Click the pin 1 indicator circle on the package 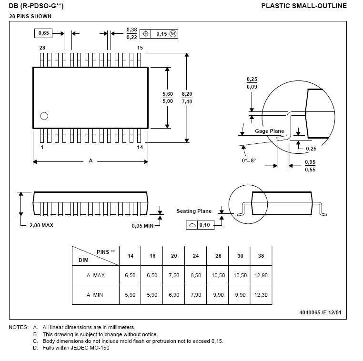coord(44,116)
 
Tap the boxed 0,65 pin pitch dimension coord(43,33)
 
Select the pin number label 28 coord(42,48)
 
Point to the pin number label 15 coord(140,48)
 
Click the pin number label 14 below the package coord(140,148)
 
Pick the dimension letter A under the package coord(91,161)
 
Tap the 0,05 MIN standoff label coord(142,226)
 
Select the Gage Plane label coord(270,131)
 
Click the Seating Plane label coord(194,211)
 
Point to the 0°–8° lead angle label coord(249,160)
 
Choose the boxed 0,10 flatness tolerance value coord(205,225)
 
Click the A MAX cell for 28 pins coord(218,275)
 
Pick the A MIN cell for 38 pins coord(261,295)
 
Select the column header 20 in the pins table coord(174,256)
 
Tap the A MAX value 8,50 coord(196,275)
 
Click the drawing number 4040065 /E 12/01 coord(321,312)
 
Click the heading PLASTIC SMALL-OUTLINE coord(304,6)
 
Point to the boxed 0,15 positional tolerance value coord(162,34)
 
